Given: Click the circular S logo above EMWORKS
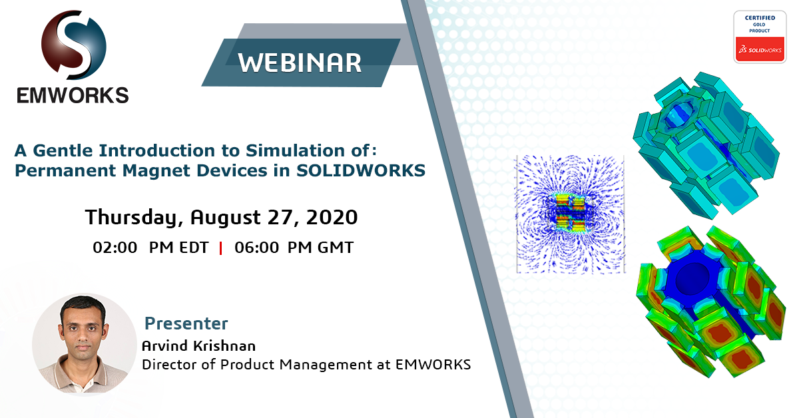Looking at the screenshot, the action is click(73, 45).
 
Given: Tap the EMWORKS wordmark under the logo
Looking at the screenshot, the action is click(73, 95).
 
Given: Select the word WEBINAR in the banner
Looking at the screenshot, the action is click(300, 63).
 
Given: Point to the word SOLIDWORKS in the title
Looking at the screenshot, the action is click(361, 170).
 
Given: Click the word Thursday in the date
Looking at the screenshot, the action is click(134, 217).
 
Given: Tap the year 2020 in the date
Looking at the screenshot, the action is click(332, 217).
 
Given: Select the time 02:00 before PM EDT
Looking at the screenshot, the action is click(115, 248).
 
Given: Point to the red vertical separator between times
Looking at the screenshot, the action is click(221, 248).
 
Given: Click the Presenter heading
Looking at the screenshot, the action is click(186, 323).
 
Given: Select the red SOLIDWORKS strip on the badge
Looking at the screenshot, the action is click(760, 49).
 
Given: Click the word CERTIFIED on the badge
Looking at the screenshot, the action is click(760, 18).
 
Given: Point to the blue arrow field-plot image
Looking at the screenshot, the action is click(571, 214).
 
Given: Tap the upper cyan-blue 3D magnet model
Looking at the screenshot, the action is click(706, 145).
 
